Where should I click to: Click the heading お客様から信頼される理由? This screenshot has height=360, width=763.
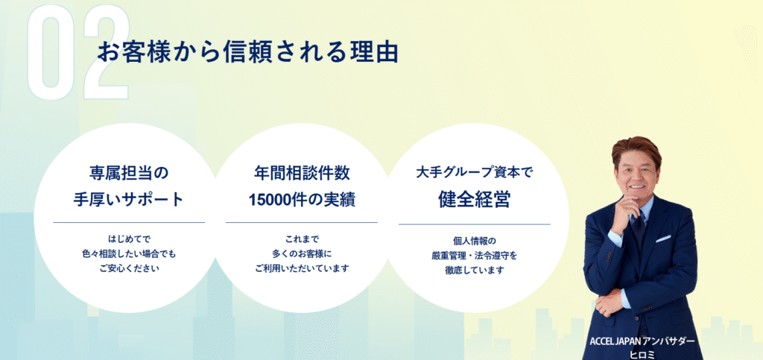(247, 52)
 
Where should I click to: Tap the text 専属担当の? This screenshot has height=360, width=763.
(128, 173)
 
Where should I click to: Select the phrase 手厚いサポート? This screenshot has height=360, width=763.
(128, 200)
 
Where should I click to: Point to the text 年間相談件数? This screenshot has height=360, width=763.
(302, 173)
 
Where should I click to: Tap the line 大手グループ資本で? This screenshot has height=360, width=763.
(475, 173)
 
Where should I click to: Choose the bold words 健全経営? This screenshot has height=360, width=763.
(475, 199)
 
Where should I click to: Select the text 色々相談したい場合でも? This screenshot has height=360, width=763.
(129, 253)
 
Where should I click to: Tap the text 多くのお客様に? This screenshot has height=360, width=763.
(302, 253)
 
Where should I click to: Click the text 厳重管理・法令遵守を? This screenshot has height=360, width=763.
(475, 256)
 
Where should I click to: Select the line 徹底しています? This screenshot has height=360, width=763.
(475, 270)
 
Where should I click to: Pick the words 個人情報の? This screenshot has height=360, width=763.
(475, 241)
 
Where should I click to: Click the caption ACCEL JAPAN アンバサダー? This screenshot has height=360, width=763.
(643, 341)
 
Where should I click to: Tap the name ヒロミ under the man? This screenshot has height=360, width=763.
(643, 355)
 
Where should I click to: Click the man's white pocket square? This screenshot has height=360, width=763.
(662, 239)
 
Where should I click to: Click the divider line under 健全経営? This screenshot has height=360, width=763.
(475, 224)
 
